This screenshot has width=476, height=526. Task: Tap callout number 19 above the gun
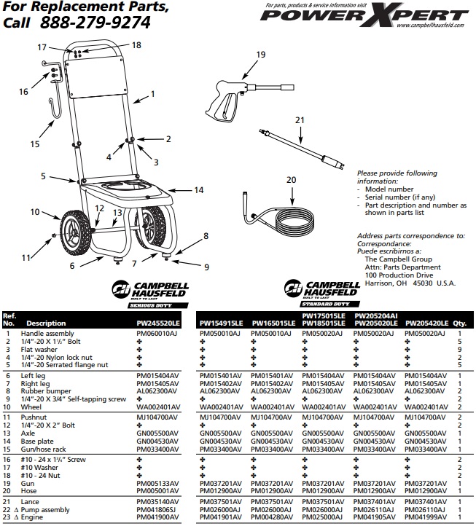[261, 55]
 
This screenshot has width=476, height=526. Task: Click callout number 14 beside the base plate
[198, 190]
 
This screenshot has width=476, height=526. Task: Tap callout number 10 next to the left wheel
[34, 212]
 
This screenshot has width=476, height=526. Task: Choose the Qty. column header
[459, 322]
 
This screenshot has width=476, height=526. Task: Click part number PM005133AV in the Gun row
[157, 482]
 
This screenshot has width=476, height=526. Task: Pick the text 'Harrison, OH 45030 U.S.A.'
[410, 283]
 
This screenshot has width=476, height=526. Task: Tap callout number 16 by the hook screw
[23, 92]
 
